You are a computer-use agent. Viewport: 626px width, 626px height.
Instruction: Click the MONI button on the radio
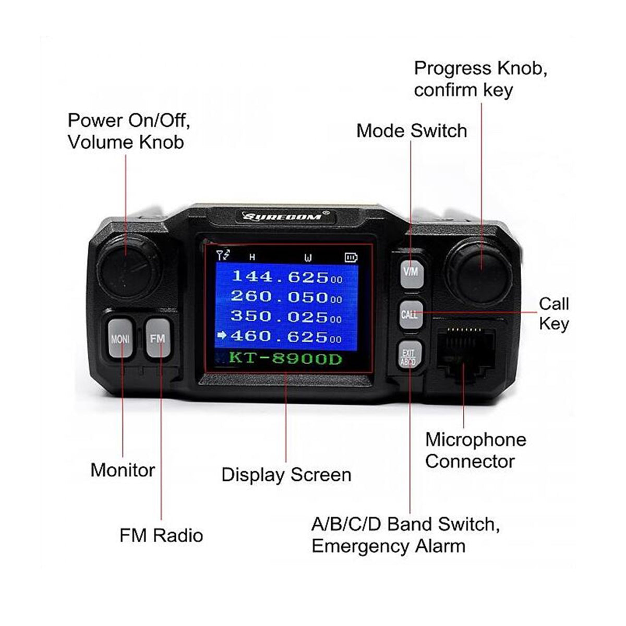pos(120,339)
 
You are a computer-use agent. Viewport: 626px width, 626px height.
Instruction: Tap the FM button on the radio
pos(158,339)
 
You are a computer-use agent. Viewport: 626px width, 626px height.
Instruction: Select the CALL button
pos(410,314)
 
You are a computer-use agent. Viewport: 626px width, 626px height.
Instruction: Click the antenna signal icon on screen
pos(223,256)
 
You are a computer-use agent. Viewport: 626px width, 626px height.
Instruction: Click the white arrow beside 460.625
pos(222,336)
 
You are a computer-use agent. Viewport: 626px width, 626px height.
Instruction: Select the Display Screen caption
pos(286,475)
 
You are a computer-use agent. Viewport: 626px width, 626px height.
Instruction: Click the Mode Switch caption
pos(412,130)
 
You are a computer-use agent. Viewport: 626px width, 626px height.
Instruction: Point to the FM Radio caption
pos(161,535)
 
